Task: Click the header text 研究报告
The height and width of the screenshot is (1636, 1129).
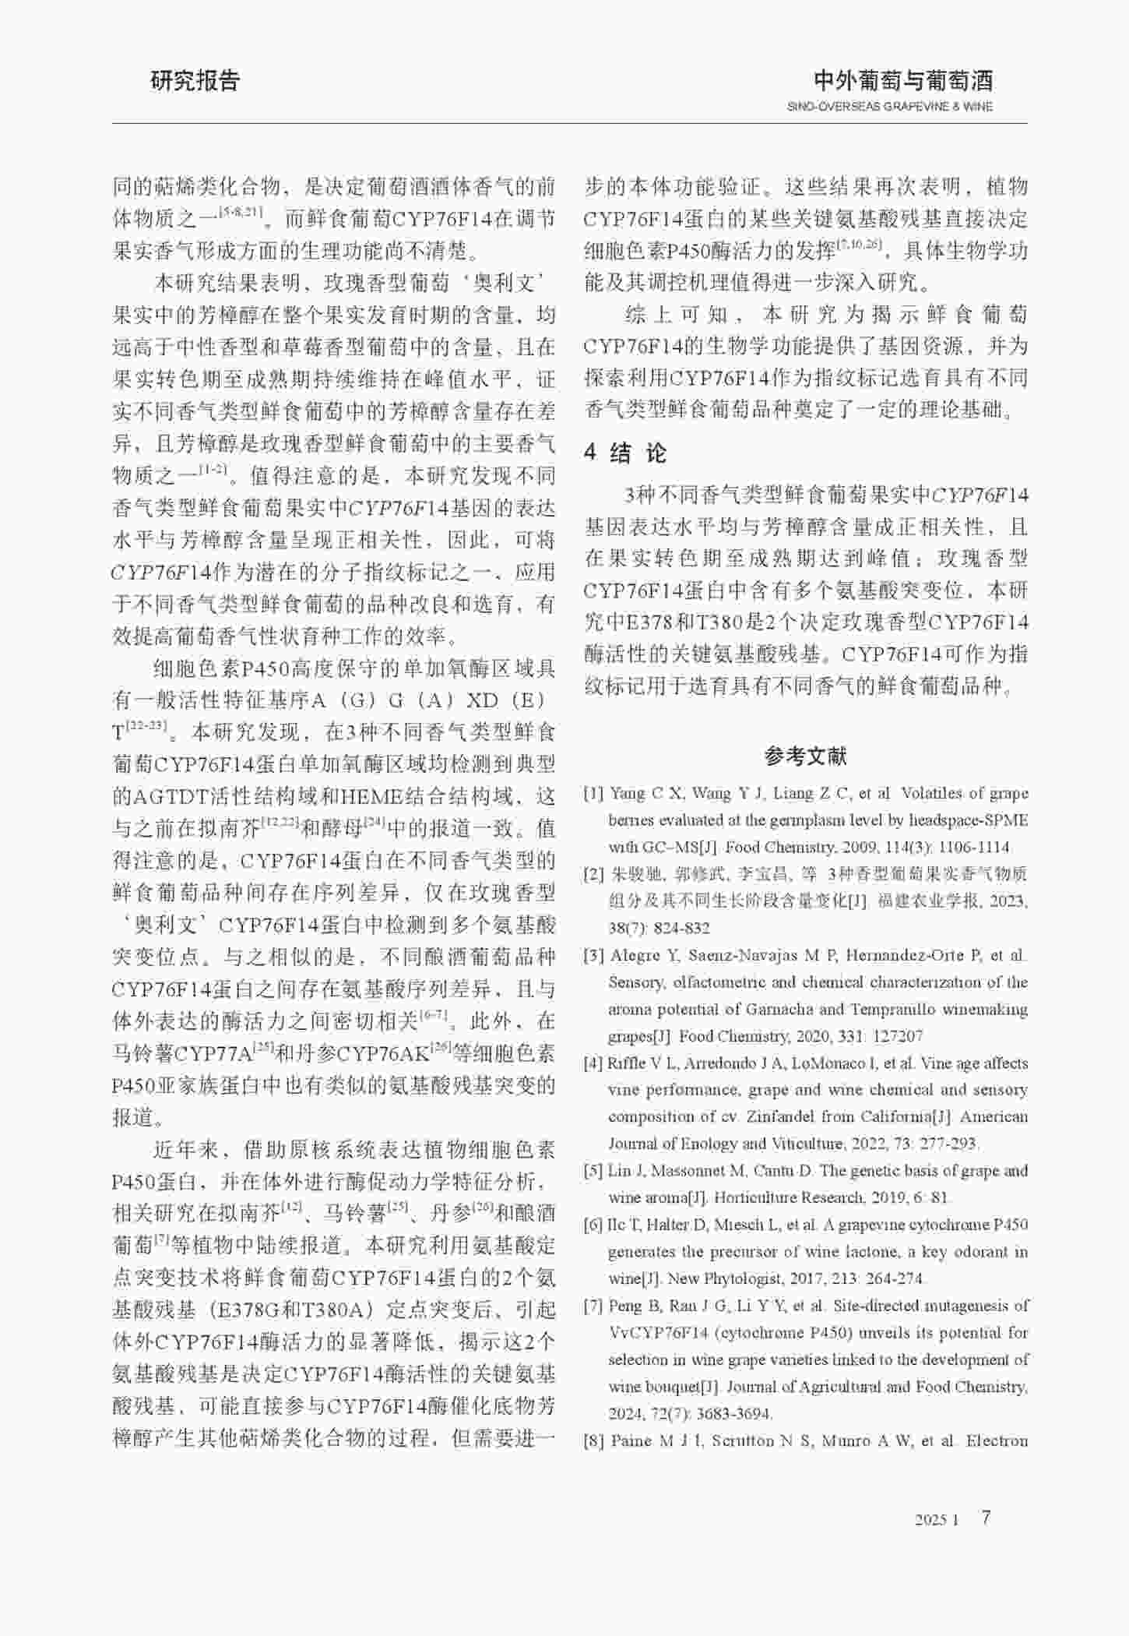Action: (x=195, y=81)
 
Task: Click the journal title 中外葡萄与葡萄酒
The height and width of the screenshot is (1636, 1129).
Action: (x=902, y=80)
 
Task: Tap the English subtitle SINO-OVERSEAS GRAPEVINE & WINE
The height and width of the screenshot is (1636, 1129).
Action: (x=889, y=107)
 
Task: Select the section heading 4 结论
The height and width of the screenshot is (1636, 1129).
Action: (x=625, y=453)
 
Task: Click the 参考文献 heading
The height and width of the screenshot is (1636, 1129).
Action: (x=805, y=755)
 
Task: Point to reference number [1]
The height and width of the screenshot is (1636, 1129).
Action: (x=594, y=794)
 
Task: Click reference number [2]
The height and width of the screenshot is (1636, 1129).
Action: (x=594, y=874)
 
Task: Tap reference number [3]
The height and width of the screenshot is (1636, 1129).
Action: (x=594, y=955)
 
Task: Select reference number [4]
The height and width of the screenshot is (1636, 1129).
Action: (x=594, y=1063)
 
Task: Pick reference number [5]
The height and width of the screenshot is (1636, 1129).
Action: (x=594, y=1171)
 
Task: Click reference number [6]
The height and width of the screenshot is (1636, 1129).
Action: (x=594, y=1225)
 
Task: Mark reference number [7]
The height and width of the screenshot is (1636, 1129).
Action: (x=594, y=1306)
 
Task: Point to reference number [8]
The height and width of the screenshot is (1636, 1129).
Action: (x=594, y=1440)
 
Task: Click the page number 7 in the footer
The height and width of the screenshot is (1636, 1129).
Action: (x=987, y=1518)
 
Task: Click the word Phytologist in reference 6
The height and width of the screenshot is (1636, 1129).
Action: (x=742, y=1279)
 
